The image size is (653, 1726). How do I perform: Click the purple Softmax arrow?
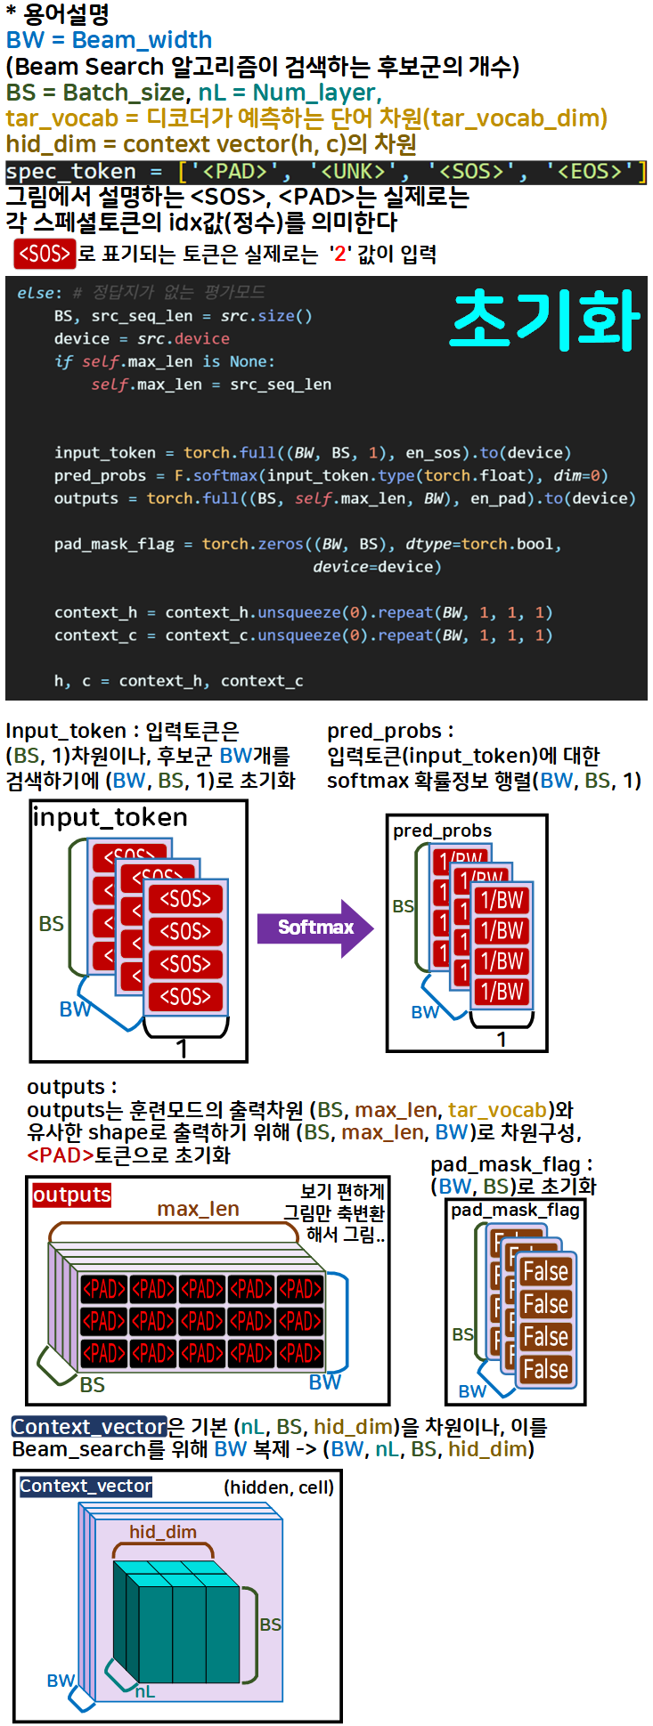pyautogui.click(x=314, y=928)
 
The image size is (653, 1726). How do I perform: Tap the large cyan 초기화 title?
pyautogui.click(x=545, y=320)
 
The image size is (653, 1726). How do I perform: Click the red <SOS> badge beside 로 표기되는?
pyautogui.click(x=45, y=254)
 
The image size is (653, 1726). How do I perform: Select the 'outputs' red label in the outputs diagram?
pyautogui.click(x=72, y=1195)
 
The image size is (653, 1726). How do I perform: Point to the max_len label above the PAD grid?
pyautogui.click(x=198, y=1209)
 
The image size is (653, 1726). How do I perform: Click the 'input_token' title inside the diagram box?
pyautogui.click(x=110, y=817)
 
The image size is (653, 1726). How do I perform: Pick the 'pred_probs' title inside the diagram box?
pyautogui.click(x=442, y=831)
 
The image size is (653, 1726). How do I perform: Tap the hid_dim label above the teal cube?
pyautogui.click(x=162, y=1532)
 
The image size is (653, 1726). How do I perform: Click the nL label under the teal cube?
pyautogui.click(x=145, y=1691)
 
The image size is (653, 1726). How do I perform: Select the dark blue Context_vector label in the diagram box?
pyautogui.click(x=86, y=1486)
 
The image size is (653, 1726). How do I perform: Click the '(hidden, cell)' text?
pyautogui.click(x=279, y=1487)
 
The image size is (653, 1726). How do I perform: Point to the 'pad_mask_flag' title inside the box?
pyautogui.click(x=515, y=1210)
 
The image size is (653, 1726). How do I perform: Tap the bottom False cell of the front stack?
pyautogui.click(x=545, y=1369)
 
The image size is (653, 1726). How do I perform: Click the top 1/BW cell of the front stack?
pyautogui.click(x=502, y=900)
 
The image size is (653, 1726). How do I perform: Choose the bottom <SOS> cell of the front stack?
pyautogui.click(x=185, y=997)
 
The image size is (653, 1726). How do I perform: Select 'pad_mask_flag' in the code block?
pyautogui.click(x=114, y=544)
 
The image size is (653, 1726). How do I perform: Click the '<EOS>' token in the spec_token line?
pyautogui.click(x=589, y=171)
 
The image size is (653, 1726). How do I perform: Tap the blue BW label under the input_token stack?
pyautogui.click(x=75, y=1009)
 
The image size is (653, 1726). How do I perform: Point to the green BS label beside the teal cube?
pyautogui.click(x=270, y=1625)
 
